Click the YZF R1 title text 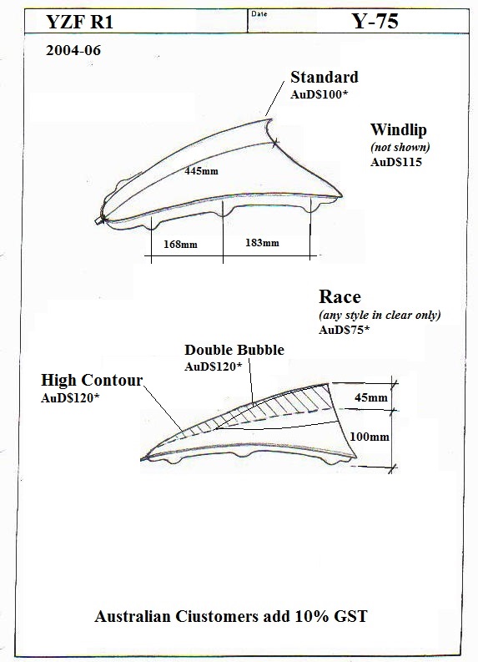click(x=80, y=22)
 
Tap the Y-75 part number click(x=375, y=21)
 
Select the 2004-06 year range click(x=73, y=50)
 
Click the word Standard click(x=325, y=78)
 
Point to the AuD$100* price click(x=319, y=94)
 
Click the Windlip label click(x=399, y=129)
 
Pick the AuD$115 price click(x=396, y=162)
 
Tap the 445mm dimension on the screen click(x=201, y=171)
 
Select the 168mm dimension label click(x=180, y=244)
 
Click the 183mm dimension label click(x=262, y=243)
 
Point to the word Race click(x=340, y=297)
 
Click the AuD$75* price click(x=344, y=330)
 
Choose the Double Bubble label click(x=234, y=350)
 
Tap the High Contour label click(x=92, y=381)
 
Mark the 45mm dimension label click(x=371, y=397)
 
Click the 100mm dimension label click(x=370, y=437)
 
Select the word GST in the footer click(x=350, y=616)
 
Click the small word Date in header click(x=259, y=14)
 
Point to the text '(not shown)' click(x=400, y=148)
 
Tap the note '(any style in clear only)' click(x=380, y=316)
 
